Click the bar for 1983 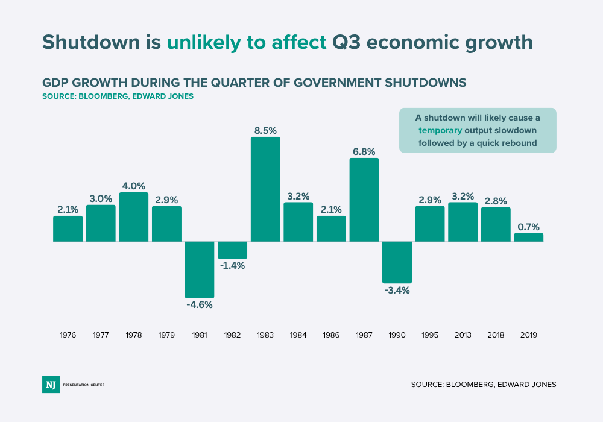265,189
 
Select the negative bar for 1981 200,269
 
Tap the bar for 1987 364,200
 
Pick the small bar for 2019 528,238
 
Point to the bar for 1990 397,262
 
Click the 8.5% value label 265,129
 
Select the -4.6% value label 200,305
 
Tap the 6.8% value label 364,150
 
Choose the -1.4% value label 232,266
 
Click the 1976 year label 68,335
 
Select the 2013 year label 463,335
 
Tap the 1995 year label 430,335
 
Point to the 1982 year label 232,335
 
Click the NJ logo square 51,384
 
